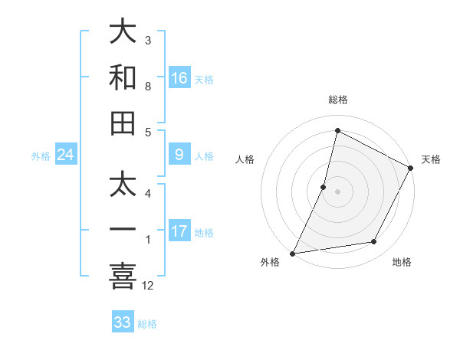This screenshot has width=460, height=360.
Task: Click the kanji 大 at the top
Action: [123, 32]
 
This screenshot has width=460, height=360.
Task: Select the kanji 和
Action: [123, 78]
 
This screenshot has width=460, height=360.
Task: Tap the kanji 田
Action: [123, 123]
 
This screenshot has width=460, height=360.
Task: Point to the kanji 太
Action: [123, 185]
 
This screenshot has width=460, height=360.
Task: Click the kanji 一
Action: [123, 231]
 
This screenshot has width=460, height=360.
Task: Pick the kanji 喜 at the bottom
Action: [123, 277]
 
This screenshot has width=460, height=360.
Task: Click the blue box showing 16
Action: [179, 78]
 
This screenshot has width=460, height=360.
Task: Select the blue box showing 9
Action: [179, 155]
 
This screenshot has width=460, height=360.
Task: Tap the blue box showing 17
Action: [179, 231]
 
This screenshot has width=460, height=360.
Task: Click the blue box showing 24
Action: [66, 155]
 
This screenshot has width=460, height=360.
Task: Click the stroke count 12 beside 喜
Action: [149, 286]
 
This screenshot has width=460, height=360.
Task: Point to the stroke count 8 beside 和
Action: [148, 87]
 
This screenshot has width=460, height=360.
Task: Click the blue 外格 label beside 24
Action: [41, 156]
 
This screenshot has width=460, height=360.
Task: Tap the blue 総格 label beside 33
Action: [148, 324]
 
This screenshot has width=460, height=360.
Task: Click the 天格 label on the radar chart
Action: [431, 159]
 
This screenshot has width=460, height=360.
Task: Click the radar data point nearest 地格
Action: [374, 242]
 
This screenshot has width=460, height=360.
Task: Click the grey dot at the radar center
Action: [337, 191]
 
